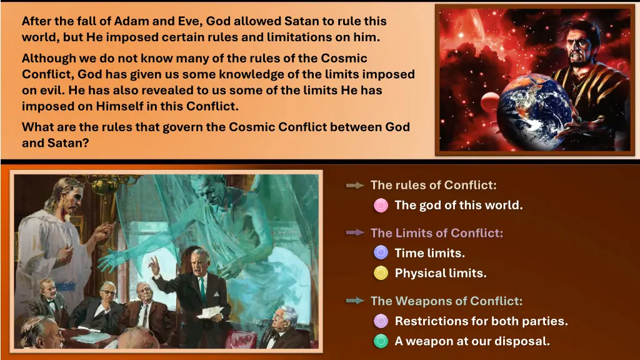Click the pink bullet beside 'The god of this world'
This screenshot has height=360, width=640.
coord(381,205)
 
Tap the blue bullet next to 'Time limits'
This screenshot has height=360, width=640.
coord(381,252)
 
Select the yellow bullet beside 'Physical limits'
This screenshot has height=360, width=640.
coord(381,273)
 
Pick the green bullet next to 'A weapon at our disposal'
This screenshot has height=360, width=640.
coord(381,341)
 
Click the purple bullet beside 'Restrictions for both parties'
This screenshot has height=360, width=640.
coord(381,321)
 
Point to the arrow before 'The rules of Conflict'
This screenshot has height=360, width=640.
coord(355,185)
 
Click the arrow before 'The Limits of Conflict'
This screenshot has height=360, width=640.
coord(355,232)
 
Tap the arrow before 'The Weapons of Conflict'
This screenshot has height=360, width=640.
coord(355,301)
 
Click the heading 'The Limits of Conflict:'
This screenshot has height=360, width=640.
coord(436,233)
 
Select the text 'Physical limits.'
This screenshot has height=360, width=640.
coord(440,273)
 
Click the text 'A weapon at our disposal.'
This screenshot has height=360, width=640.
coord(472,341)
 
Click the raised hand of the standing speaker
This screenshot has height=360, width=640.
coord(152,264)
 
